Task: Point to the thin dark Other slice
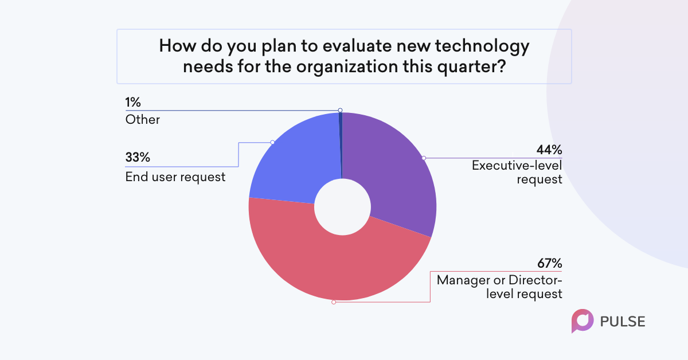pyautogui.click(x=341, y=144)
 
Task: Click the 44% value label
pyautogui.click(x=549, y=150)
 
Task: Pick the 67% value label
pyautogui.click(x=549, y=263)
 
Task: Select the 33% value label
pyautogui.click(x=138, y=157)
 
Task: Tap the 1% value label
pyautogui.click(x=132, y=102)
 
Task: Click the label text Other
pyautogui.click(x=143, y=119)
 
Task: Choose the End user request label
pyautogui.click(x=175, y=177)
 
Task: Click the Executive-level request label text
pyautogui.click(x=517, y=173)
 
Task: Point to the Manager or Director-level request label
pyautogui.click(x=499, y=287)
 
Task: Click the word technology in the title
pyautogui.click(x=482, y=46)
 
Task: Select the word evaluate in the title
pyautogui.click(x=357, y=46)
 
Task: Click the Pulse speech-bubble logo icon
pyautogui.click(x=583, y=321)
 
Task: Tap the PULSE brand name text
pyautogui.click(x=623, y=322)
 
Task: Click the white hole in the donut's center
pyautogui.click(x=342, y=207)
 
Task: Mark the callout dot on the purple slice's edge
pyautogui.click(x=424, y=158)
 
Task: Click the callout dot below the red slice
pyautogui.click(x=334, y=302)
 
